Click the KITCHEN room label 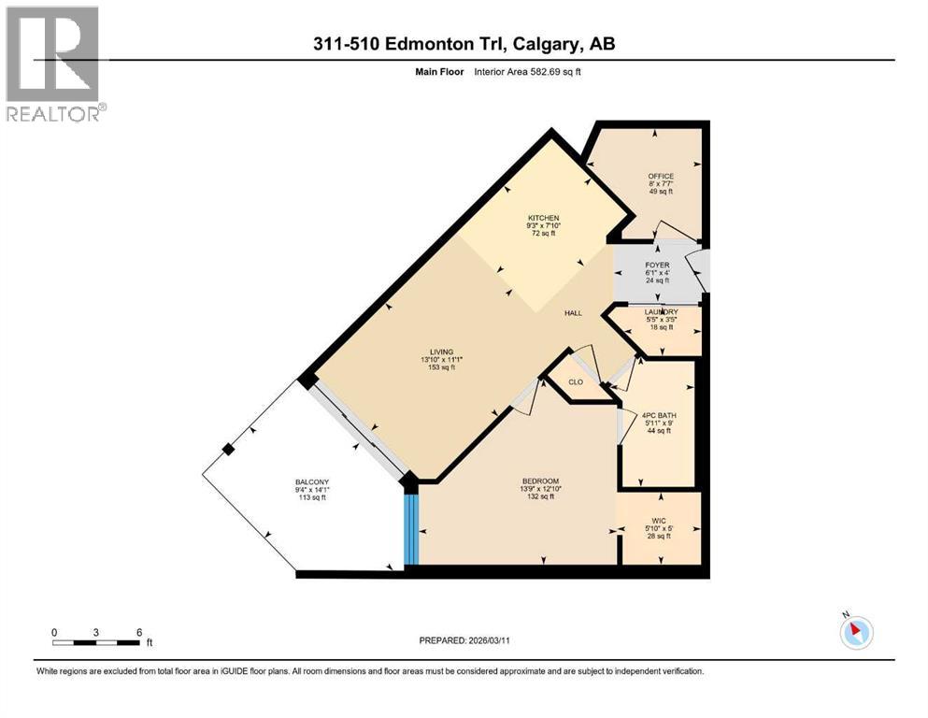(x=542, y=218)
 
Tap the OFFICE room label (x=661, y=176)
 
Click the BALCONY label (x=312, y=481)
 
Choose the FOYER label (x=658, y=266)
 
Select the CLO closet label (x=577, y=381)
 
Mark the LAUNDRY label (x=661, y=311)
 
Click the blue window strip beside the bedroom (x=409, y=529)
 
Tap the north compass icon (x=855, y=632)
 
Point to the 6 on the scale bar (x=139, y=632)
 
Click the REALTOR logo (x=54, y=65)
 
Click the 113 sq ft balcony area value (x=312, y=497)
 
